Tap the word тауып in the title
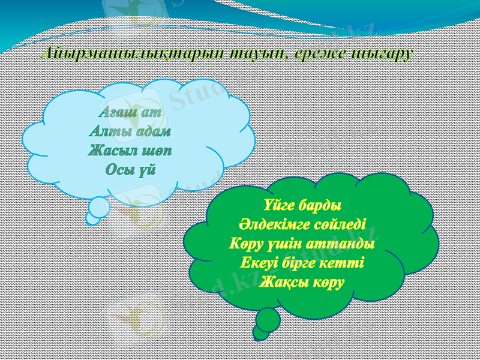click(258, 54)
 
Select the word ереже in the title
click(322, 54)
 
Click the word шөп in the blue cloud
click(157, 149)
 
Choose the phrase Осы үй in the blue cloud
click(130, 168)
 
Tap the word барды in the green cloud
click(324, 207)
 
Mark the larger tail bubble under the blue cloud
click(98, 205)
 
